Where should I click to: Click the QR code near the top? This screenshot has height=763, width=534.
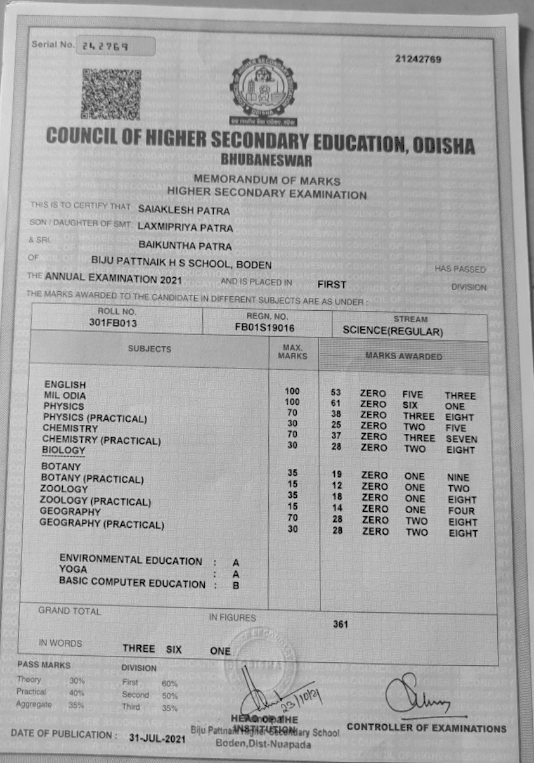click(110, 94)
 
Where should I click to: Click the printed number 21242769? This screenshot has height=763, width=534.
click(418, 60)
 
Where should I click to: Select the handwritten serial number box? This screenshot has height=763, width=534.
click(115, 46)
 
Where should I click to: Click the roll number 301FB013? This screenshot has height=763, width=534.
click(114, 323)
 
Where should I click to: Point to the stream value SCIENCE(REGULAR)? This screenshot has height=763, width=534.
click(393, 331)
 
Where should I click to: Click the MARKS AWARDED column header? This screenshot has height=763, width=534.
click(403, 356)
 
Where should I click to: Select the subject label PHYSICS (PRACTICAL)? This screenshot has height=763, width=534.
click(95, 418)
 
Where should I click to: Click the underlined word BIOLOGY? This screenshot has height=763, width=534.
click(63, 450)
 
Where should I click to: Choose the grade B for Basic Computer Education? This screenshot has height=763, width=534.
click(235, 585)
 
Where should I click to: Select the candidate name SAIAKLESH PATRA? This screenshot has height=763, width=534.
click(184, 209)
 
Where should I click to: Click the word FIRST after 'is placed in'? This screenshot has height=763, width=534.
click(332, 284)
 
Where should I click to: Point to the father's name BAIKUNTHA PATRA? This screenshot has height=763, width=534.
click(185, 246)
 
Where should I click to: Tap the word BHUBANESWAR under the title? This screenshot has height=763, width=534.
click(266, 162)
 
